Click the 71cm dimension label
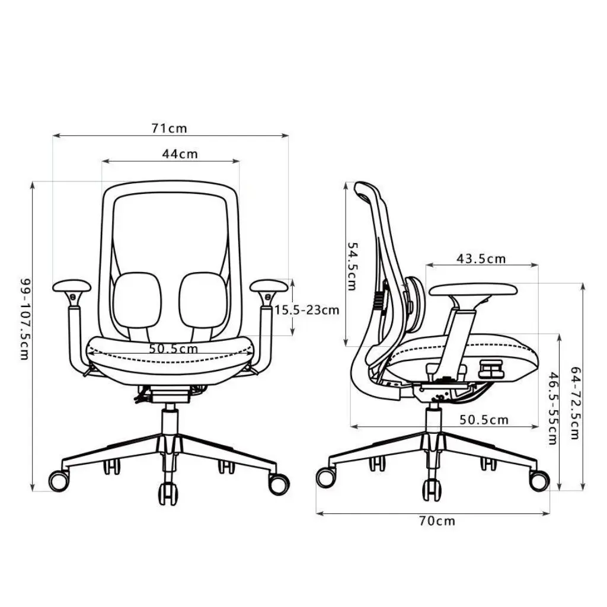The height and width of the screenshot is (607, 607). (169, 128)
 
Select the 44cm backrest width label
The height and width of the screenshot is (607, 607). (180, 154)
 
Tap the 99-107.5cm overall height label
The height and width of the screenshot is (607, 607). (25, 319)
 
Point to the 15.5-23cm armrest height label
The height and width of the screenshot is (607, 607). (307, 309)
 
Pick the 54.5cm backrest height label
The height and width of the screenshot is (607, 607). (352, 266)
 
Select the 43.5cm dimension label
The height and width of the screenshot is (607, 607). (481, 258)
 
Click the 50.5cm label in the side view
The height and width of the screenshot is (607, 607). (484, 420)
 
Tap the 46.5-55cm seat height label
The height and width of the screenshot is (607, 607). (554, 408)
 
